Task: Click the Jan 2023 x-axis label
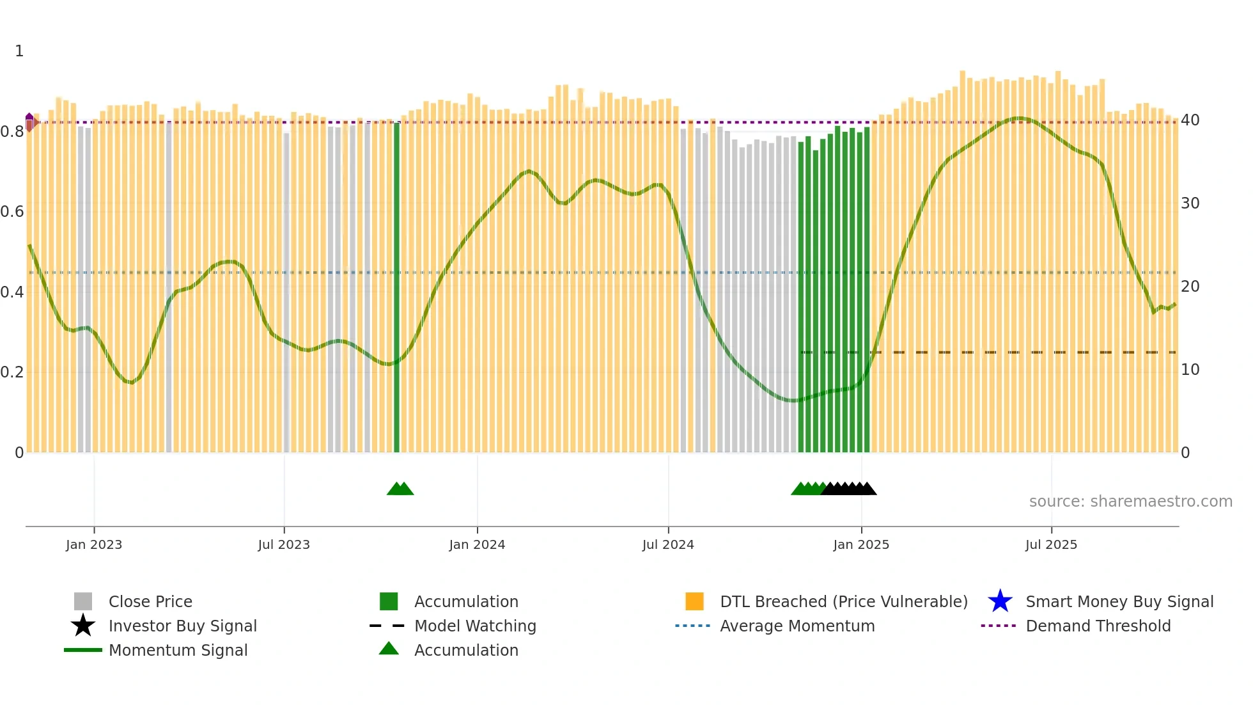94,544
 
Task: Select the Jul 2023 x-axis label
284,544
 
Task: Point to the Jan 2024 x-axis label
477,544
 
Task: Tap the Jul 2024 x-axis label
668,544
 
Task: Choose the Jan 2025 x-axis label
861,544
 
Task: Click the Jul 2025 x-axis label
1051,544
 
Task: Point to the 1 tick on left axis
19,51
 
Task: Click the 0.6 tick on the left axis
12,212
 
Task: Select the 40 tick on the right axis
1190,120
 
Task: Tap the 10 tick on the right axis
1190,370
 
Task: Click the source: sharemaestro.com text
1130,502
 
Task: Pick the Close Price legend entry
150,601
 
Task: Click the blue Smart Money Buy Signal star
1000,601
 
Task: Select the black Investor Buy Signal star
83,626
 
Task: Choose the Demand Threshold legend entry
1098,626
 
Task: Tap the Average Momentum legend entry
797,626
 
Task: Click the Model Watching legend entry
475,626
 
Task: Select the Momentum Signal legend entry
178,650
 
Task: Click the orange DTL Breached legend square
694,601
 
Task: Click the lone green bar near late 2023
397,288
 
